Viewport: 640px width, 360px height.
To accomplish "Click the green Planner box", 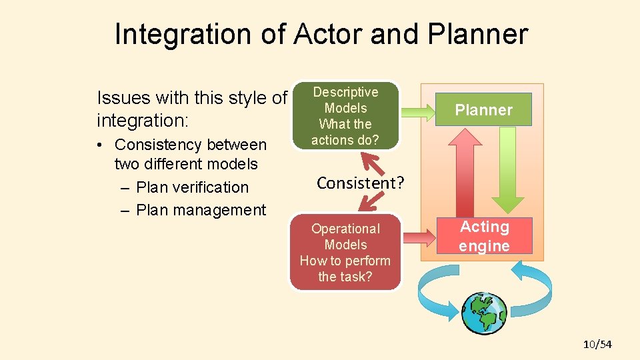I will (483, 110).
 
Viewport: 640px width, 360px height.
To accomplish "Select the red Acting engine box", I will (484, 236).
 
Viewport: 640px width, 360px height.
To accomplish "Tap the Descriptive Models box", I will (345, 116).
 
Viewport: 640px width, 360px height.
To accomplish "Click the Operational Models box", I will (345, 252).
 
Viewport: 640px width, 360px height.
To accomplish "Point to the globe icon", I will (485, 313).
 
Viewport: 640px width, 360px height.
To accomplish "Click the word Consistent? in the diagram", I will (360, 183).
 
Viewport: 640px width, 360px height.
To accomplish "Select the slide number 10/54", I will (597, 344).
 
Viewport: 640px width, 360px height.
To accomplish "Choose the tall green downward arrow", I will (507, 170).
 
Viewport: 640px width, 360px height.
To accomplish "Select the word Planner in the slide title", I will (479, 34).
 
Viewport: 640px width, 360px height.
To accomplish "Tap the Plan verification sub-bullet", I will (192, 187).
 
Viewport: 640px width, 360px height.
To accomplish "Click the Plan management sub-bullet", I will (200, 210).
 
